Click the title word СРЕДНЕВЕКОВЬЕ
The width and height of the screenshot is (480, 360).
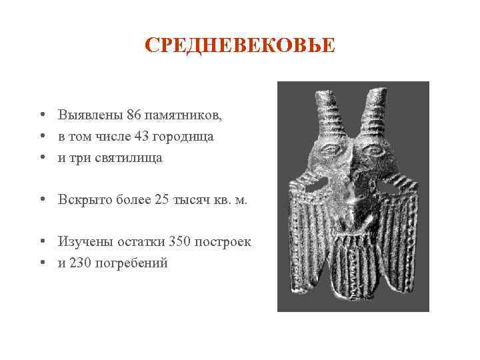241,46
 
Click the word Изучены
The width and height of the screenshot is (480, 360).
83,241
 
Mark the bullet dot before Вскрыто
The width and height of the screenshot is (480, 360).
42,200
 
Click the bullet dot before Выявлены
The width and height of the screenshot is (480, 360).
42,115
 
